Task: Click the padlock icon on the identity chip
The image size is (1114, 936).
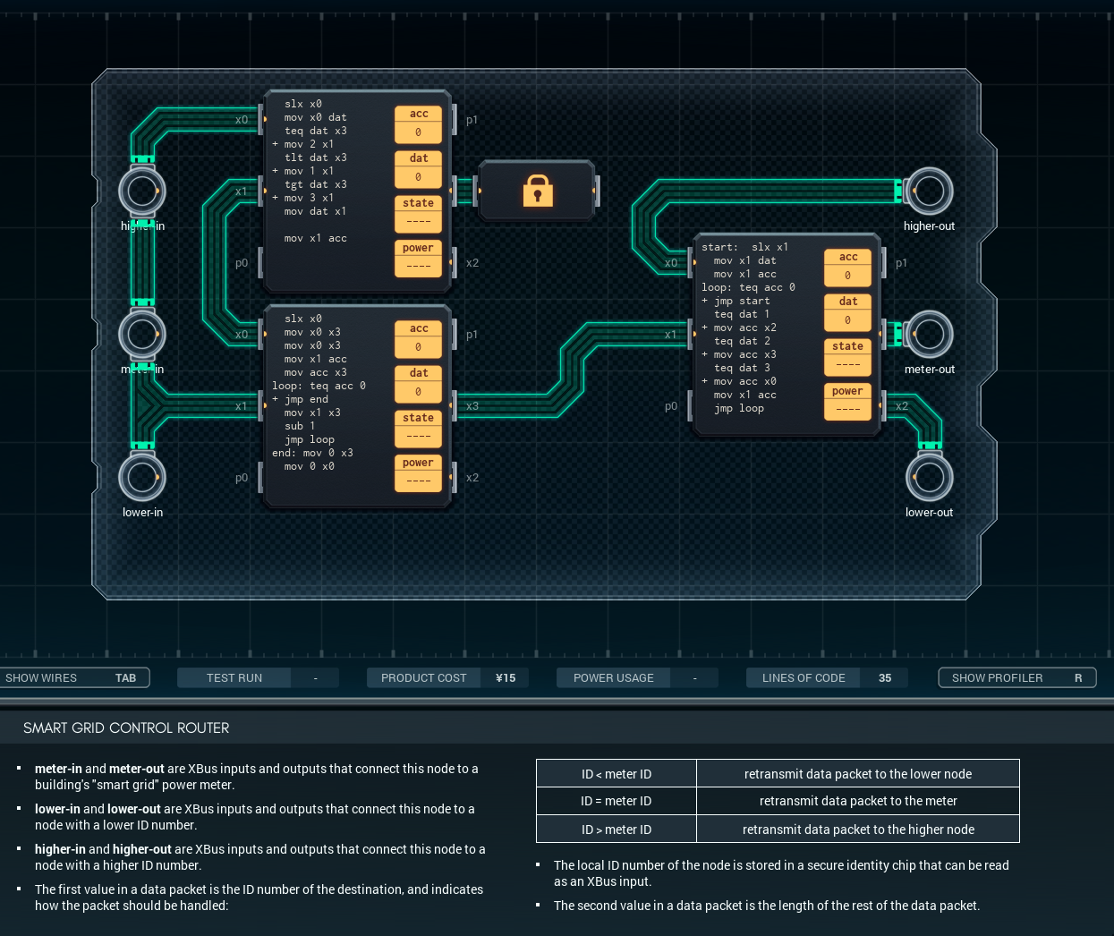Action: [x=538, y=191]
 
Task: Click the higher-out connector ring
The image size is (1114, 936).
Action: [x=929, y=191]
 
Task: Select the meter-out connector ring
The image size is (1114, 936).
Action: [x=929, y=334]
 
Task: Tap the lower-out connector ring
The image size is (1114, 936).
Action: [x=929, y=477]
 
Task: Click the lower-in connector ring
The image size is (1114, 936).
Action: [x=142, y=477]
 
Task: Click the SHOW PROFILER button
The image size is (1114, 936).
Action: [x=1016, y=677]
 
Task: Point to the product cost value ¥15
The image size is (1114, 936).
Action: [x=506, y=677]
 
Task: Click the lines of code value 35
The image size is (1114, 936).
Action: [x=884, y=677]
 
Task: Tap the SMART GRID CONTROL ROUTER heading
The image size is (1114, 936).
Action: [x=126, y=728]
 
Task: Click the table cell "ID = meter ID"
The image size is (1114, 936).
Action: [x=617, y=801]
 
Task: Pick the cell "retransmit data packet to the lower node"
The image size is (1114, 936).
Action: [x=857, y=774]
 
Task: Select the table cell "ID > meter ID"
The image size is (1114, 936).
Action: [x=617, y=830]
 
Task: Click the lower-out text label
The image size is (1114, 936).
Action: [x=929, y=513]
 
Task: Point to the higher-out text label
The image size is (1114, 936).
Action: [x=929, y=226]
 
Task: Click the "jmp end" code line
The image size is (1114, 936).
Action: [x=306, y=399]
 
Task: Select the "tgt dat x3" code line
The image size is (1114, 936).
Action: [x=315, y=184]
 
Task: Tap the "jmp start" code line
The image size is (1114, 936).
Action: [x=742, y=301]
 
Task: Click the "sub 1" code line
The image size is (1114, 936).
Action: [x=300, y=426]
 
